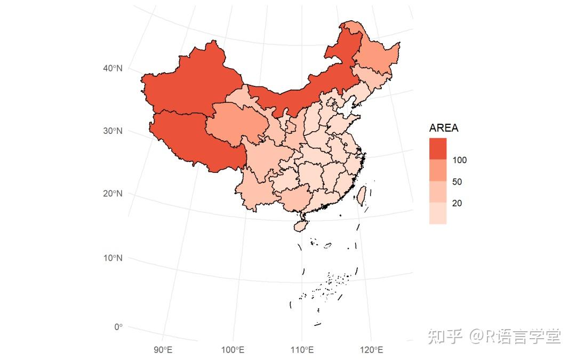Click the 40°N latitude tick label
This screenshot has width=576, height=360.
click(x=113, y=68)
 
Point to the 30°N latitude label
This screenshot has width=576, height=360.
click(x=113, y=131)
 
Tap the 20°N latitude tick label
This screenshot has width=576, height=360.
click(x=113, y=194)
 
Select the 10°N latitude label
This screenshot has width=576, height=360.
click(x=113, y=258)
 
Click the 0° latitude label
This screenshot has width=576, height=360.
click(x=117, y=327)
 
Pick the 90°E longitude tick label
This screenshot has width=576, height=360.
click(x=163, y=350)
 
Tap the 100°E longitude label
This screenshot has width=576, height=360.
click(x=233, y=350)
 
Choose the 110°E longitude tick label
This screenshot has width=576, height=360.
click(x=302, y=350)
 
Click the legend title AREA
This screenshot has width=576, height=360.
click(x=444, y=129)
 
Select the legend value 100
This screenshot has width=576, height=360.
click(x=459, y=160)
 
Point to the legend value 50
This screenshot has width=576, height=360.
click(x=457, y=182)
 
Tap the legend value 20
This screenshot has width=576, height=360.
click(x=457, y=203)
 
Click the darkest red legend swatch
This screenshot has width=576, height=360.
click(x=438, y=149)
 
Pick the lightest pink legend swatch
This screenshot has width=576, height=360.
click(x=438, y=213)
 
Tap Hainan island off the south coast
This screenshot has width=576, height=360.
click(x=301, y=226)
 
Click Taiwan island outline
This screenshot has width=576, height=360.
click(x=361, y=195)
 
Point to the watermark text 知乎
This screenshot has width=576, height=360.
click(x=445, y=337)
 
